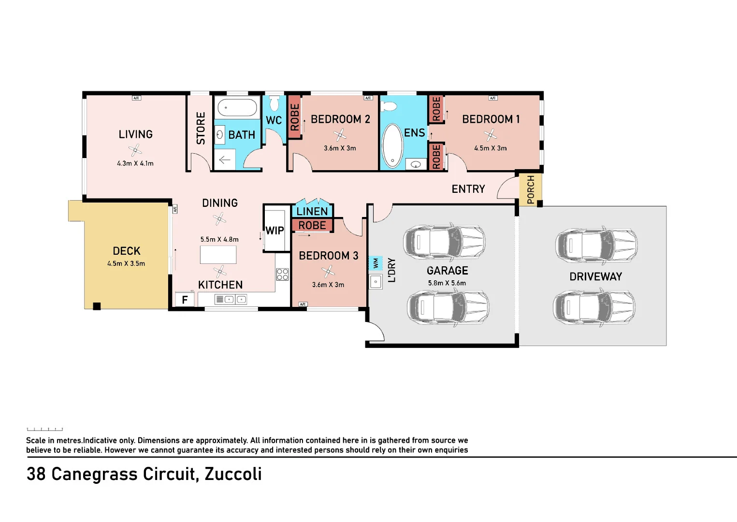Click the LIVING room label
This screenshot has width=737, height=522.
(x=135, y=134)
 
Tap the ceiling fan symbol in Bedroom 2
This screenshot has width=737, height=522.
(x=340, y=135)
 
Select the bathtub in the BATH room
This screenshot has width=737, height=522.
(x=237, y=108)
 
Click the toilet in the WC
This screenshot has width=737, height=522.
(x=274, y=103)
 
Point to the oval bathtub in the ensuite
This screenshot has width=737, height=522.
(x=392, y=145)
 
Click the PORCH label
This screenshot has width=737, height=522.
(x=531, y=189)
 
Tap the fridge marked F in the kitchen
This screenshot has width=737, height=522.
(x=185, y=300)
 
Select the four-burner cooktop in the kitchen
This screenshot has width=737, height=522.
(x=282, y=275)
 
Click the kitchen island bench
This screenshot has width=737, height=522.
(x=218, y=255)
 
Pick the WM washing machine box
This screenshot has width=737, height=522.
(x=376, y=263)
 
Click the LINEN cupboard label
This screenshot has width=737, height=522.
(x=312, y=211)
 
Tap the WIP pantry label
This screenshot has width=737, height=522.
(x=275, y=231)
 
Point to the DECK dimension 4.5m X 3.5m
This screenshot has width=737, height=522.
(x=126, y=264)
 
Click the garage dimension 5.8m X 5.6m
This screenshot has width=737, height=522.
(x=447, y=283)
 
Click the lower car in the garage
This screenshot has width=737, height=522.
(x=448, y=307)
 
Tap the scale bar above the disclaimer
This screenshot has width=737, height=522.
(x=44, y=429)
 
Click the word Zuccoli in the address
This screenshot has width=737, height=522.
(x=233, y=474)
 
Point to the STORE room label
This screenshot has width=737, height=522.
(x=201, y=128)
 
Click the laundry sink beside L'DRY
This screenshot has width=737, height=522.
(x=376, y=281)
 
